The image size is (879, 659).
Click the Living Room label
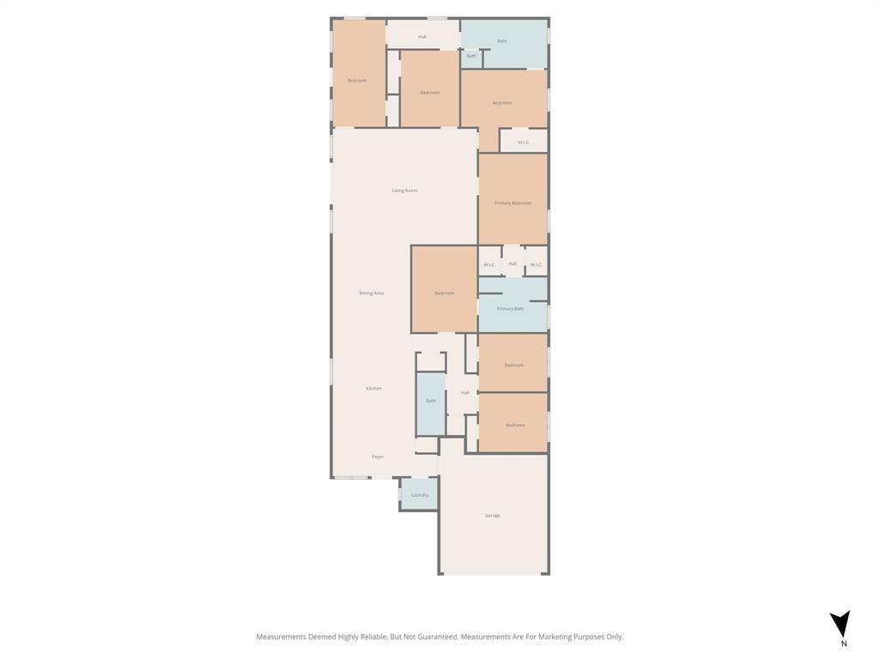404,190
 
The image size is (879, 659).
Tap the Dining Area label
372,293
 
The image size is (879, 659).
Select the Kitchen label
373,389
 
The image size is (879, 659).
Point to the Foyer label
378,457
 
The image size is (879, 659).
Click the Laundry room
419,495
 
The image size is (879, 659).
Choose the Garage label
492,516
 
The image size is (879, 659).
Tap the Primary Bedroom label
512,203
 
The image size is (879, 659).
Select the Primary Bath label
510,309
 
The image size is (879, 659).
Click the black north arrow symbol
840,623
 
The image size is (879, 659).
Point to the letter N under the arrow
844,644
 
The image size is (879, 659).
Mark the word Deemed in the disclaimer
322,637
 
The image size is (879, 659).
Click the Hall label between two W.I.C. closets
512,263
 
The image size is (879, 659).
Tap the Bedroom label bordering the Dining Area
444,293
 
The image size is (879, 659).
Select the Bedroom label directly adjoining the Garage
515,426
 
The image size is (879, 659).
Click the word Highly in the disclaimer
348,637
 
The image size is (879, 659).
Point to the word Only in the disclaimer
615,637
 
